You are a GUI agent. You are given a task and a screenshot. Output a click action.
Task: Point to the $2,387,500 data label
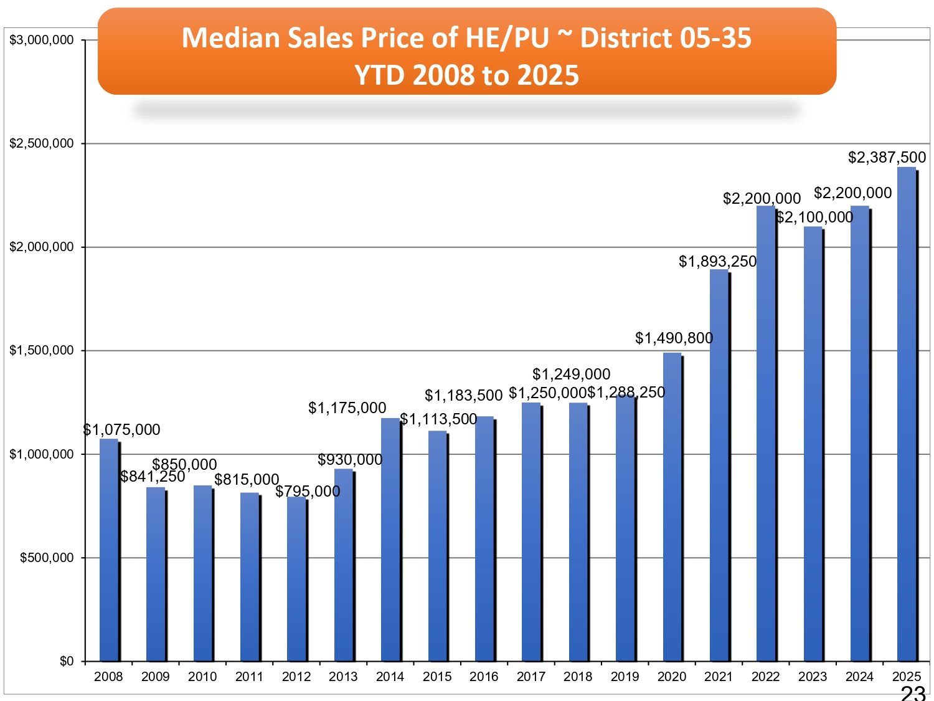(x=887, y=158)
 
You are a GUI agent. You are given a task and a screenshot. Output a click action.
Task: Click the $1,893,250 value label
(x=717, y=262)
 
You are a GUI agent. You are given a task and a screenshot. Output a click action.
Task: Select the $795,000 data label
(x=308, y=492)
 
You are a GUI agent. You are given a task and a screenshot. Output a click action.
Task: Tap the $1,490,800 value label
(x=674, y=338)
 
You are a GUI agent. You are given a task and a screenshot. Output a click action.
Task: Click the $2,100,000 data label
(x=814, y=217)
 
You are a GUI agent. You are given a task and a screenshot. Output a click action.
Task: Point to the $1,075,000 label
(x=122, y=430)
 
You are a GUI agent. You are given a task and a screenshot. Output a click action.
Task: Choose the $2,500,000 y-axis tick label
(x=42, y=144)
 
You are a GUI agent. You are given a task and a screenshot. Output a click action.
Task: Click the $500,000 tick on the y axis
(x=47, y=558)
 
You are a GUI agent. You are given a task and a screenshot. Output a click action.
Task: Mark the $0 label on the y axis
(x=66, y=661)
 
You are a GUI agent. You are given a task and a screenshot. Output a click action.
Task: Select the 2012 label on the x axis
(x=296, y=677)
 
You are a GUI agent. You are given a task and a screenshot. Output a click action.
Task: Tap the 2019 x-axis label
(x=625, y=677)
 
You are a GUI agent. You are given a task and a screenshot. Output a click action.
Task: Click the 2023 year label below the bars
(x=813, y=677)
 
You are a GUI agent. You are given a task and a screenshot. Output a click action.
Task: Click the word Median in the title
(x=230, y=38)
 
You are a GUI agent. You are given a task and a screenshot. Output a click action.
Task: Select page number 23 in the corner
(x=913, y=693)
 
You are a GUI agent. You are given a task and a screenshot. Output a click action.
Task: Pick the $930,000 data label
(x=350, y=460)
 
